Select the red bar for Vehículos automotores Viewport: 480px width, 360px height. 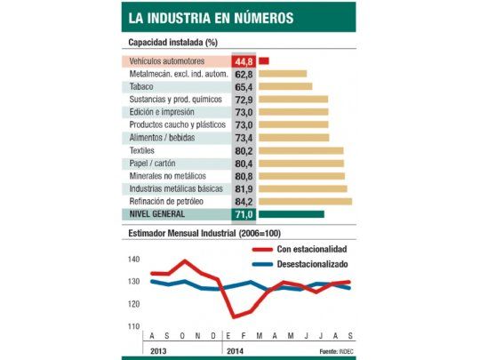(264, 60)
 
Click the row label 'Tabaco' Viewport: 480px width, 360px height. (142, 86)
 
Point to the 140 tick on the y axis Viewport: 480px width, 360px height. (134, 259)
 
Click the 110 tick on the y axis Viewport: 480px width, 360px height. (134, 326)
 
